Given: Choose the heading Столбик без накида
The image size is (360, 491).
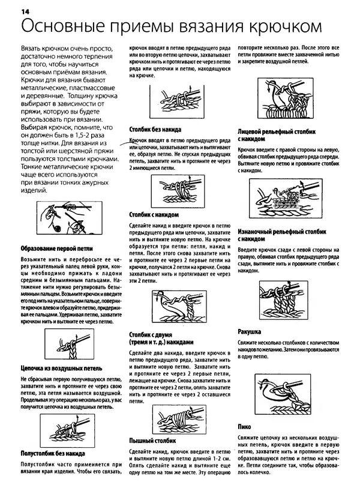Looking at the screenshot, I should tap(155, 129).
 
